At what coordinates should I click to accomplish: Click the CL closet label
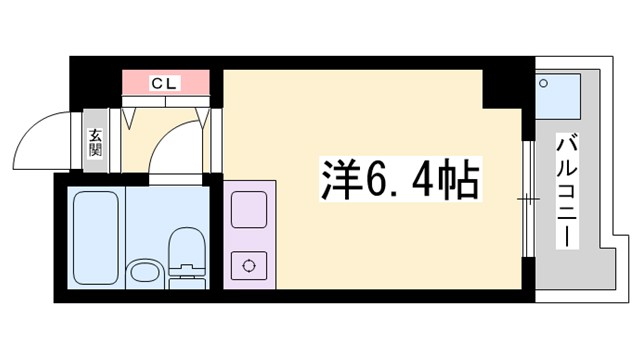point(165,82)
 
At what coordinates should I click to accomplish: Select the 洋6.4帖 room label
point(398,180)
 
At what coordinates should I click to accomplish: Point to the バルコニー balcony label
point(566,190)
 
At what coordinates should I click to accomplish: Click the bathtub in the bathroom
point(97,237)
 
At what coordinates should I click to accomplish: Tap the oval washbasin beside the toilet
point(146,271)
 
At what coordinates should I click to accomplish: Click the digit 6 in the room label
point(373,180)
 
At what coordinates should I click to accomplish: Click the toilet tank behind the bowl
point(186,270)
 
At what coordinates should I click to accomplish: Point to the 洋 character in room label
point(336,180)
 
